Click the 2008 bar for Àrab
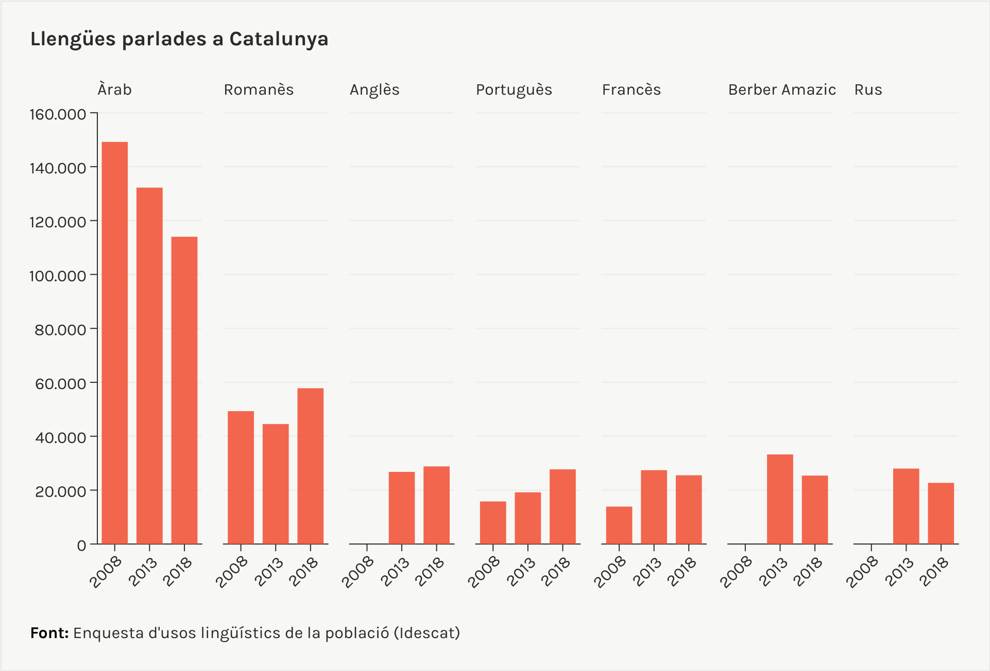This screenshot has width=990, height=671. [114, 343]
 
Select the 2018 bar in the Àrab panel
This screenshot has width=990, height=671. [184, 390]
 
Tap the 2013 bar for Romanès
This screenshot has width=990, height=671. [276, 484]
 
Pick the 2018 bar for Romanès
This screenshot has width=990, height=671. [311, 466]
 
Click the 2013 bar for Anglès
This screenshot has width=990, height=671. [402, 507]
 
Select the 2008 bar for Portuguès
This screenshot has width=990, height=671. [493, 522]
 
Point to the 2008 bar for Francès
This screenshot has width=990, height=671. [619, 525]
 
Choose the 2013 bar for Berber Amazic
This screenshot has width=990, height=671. [780, 499]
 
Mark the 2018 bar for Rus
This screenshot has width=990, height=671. [941, 513]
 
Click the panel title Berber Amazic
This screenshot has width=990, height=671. [781, 90]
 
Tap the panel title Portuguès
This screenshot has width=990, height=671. [514, 90]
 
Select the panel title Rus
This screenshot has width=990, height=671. [868, 90]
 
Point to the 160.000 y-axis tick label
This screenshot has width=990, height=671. [58, 114]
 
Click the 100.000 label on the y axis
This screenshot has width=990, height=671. [58, 276]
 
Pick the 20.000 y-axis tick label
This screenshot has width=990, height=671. [61, 491]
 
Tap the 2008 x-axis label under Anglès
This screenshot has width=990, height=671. [359, 571]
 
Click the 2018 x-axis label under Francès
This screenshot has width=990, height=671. [682, 571]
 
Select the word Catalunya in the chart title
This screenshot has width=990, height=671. [279, 39]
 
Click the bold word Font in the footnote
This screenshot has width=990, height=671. [49, 633]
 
